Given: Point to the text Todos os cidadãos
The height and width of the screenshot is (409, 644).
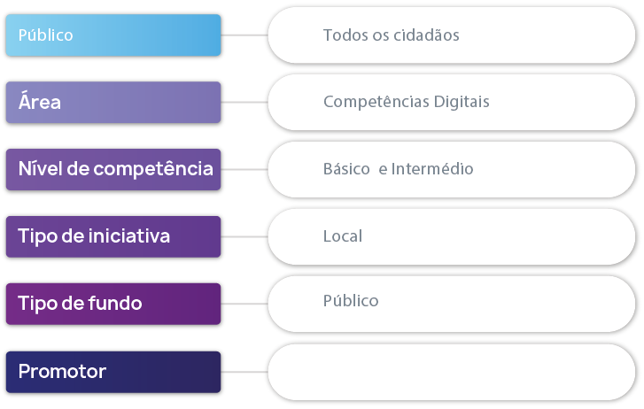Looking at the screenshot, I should pyautogui.click(x=391, y=35).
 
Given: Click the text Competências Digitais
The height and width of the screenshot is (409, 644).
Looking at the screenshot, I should pyautogui.click(x=406, y=102).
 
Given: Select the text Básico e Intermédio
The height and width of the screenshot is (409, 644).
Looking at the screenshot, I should pyautogui.click(x=398, y=169).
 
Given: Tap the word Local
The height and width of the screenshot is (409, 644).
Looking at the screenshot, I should pyautogui.click(x=343, y=236).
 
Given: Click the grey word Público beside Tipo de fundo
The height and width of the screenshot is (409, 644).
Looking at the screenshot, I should pyautogui.click(x=351, y=301).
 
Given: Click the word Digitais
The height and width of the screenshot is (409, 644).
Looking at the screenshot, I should pyautogui.click(x=462, y=102).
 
